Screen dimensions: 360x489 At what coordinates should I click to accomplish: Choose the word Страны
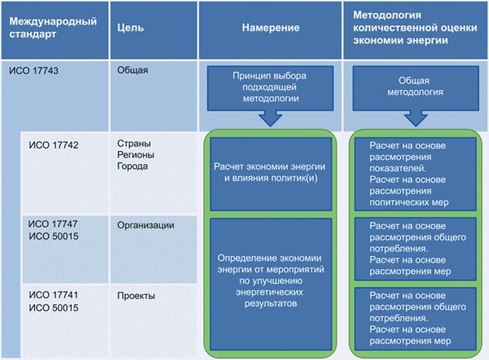click(133, 143)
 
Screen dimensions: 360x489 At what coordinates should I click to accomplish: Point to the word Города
click(133, 165)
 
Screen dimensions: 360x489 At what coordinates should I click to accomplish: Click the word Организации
click(144, 226)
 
